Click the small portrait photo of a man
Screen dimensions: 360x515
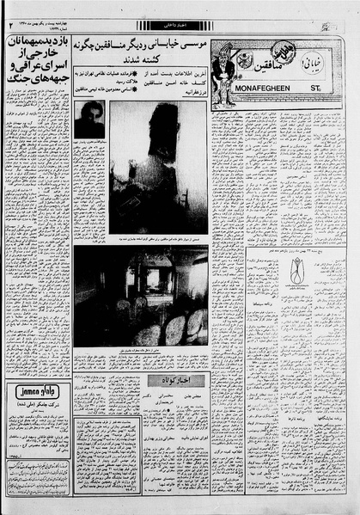pyautogui.click(x=88, y=119)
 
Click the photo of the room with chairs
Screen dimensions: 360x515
pyautogui.click(x=141, y=296)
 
